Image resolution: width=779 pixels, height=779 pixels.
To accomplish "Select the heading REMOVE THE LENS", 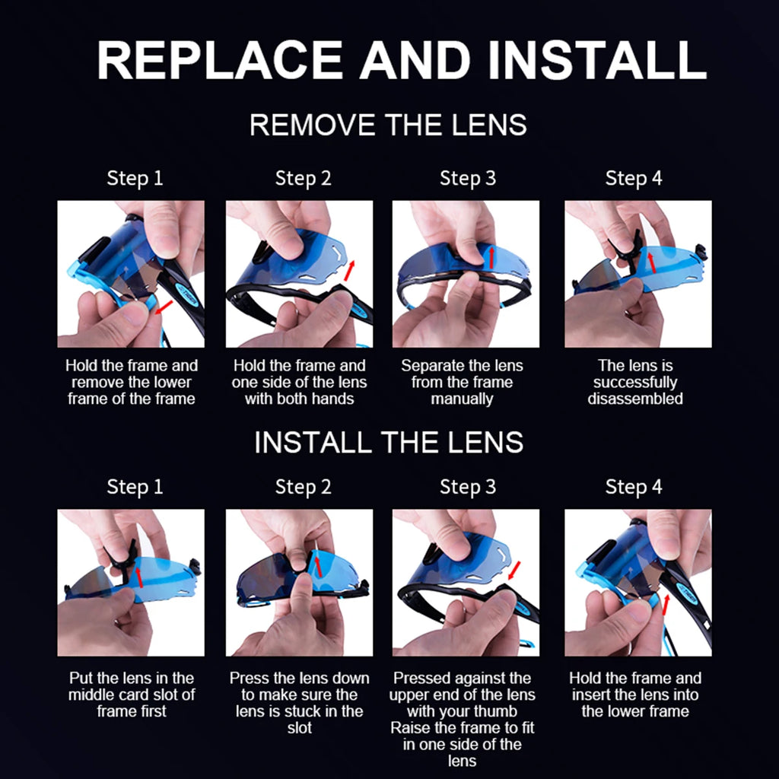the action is pos(388,125).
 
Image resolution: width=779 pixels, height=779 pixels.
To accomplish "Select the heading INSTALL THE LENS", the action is pos(389,442).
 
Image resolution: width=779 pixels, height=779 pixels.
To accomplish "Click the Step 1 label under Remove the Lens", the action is pos(135,178).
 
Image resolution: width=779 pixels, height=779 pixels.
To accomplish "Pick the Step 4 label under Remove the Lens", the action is pos(634,178).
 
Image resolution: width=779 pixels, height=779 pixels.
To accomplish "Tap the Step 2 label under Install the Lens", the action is pos(303,487).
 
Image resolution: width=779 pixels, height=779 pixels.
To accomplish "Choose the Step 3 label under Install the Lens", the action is pos(468,487).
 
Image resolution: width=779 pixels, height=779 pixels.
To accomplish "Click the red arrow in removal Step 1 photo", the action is pos(164,307).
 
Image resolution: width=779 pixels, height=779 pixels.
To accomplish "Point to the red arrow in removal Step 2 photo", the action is pos(350,270).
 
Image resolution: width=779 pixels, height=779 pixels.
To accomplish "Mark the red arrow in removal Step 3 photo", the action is pos(491,257).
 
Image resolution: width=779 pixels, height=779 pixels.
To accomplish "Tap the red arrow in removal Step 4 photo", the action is pos(651,260).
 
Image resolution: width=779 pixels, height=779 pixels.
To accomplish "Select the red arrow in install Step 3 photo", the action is pos(514,571).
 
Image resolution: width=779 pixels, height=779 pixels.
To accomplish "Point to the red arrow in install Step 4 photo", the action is pos(666,604).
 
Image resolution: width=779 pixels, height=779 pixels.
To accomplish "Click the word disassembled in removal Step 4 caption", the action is pos(635,399).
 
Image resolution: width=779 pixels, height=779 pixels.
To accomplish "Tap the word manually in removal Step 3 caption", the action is pos(462,399).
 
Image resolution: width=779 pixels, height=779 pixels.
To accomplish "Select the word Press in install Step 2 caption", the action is pos(250,678).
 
